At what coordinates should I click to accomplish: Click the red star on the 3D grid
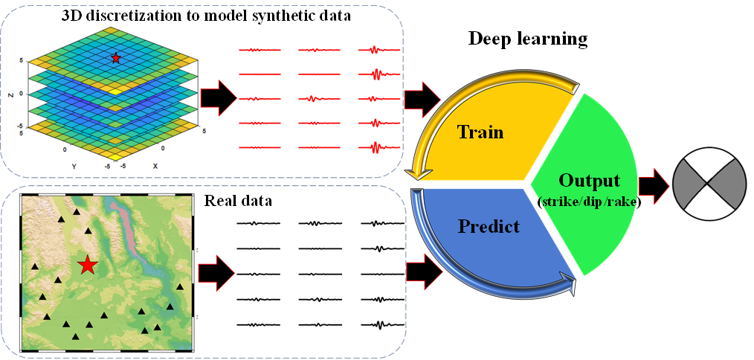click(x=115, y=57)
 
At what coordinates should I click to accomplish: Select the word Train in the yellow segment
click(x=480, y=132)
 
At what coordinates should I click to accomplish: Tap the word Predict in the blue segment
click(x=489, y=226)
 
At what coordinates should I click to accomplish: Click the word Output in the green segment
click(x=590, y=181)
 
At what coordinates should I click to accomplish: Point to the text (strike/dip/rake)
click(x=590, y=202)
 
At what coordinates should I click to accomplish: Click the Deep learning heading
click(x=527, y=38)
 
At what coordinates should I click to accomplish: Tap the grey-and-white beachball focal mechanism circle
click(x=708, y=183)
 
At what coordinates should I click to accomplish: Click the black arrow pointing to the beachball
click(x=652, y=183)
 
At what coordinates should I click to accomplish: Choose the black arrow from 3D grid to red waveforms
click(x=219, y=98)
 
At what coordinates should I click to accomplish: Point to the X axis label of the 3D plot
click(x=154, y=166)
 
